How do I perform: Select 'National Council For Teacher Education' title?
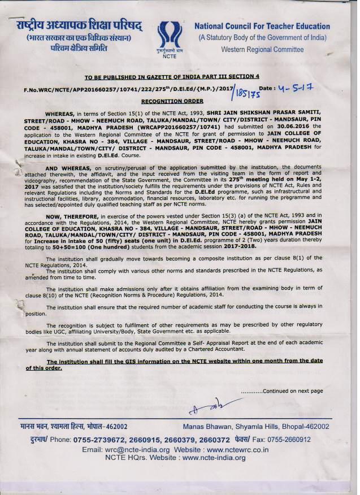(x=262, y=26)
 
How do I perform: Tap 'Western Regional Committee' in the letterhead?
(x=262, y=50)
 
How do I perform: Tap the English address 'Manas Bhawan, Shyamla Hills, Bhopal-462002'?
(x=256, y=427)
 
